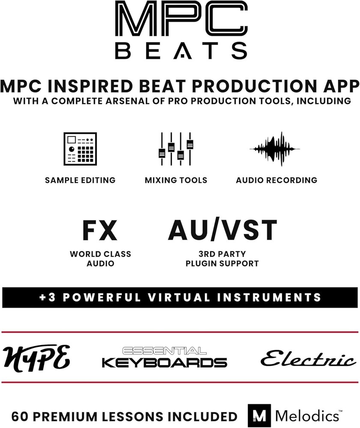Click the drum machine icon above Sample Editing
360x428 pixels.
(80, 149)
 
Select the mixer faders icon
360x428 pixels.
(176, 149)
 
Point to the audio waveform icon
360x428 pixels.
(274, 149)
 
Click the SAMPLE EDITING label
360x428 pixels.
(80, 180)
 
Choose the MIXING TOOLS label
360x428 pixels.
(176, 180)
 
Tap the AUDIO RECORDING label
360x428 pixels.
(277, 180)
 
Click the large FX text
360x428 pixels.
(100, 231)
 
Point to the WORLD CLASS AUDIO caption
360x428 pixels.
(100, 259)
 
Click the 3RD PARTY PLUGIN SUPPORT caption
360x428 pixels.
(222, 259)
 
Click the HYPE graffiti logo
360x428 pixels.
(36, 357)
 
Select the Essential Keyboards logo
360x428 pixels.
(164, 357)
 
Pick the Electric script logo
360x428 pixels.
(308, 359)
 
